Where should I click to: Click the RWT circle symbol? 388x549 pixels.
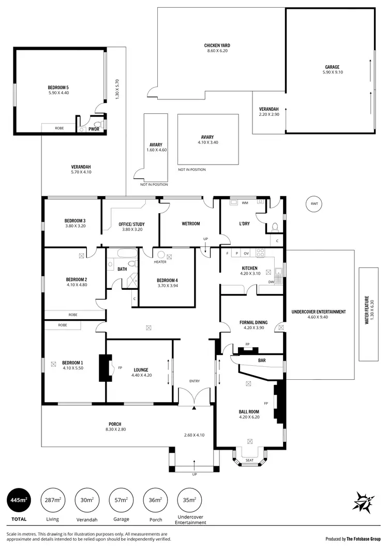click(314, 204)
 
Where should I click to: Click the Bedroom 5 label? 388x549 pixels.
click(58, 87)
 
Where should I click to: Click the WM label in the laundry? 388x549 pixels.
click(245, 203)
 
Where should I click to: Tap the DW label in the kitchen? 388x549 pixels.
click(272, 282)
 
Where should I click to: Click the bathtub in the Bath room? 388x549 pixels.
click(126, 254)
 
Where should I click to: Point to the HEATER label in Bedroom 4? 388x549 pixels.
click(160, 262)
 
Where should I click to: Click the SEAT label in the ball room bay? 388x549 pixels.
click(250, 460)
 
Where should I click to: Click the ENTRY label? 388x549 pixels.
click(195, 381)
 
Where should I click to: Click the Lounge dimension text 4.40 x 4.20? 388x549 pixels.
click(141, 376)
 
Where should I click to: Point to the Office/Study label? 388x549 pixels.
click(132, 224)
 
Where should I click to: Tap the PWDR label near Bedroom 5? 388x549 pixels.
click(94, 129)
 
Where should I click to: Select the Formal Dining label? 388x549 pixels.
click(253, 322)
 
